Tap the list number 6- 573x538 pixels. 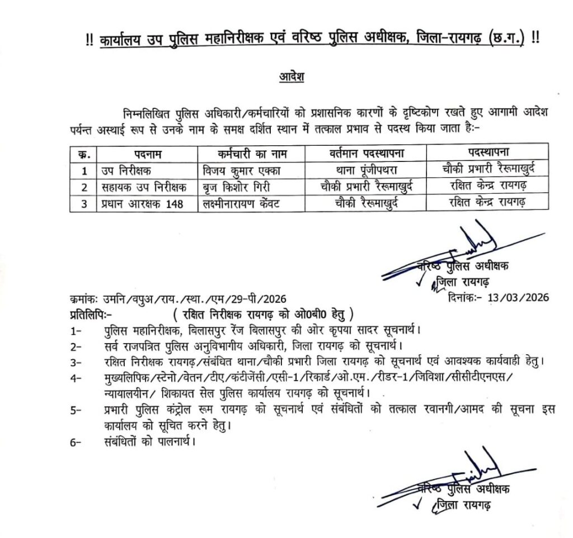77,444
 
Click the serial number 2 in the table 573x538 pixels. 84,186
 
